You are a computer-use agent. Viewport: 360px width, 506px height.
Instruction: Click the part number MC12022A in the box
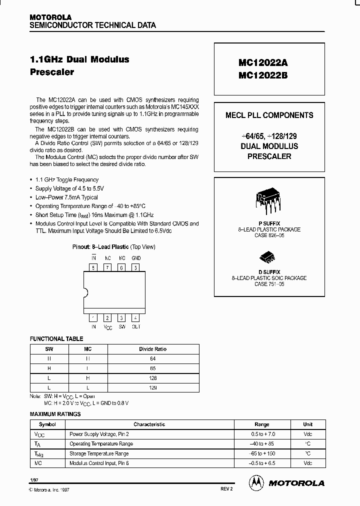pyautogui.click(x=263, y=63)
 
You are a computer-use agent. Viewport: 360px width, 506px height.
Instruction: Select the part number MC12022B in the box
pyautogui.click(x=263, y=75)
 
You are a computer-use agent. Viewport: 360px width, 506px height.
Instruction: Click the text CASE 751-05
pyautogui.click(x=269, y=284)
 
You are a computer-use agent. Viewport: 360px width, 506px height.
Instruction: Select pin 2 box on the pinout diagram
pyautogui.click(x=107, y=317)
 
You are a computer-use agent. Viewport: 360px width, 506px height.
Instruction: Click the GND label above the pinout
pyautogui.click(x=136, y=258)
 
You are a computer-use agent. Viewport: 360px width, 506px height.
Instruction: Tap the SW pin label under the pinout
pyautogui.click(x=121, y=326)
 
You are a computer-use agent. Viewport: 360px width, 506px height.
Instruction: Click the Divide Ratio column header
pyautogui.click(x=153, y=349)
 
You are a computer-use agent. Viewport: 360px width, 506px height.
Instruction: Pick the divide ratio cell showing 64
pyautogui.click(x=153, y=358)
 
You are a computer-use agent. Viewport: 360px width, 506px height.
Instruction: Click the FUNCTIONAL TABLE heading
pyautogui.click(x=56, y=339)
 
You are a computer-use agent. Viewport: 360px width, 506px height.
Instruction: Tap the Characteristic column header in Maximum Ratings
pyautogui.click(x=149, y=424)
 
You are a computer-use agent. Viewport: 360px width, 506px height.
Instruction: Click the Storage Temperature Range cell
pyautogui.click(x=99, y=453)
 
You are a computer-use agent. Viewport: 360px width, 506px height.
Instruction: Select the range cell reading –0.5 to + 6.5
pyautogui.click(x=261, y=463)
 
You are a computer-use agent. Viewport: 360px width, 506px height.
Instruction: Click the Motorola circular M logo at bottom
pyautogui.click(x=256, y=482)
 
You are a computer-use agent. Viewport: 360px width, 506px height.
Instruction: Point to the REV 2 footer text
pyautogui.click(x=226, y=488)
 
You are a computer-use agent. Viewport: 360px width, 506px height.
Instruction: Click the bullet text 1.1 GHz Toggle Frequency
pyautogui.click(x=67, y=179)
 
